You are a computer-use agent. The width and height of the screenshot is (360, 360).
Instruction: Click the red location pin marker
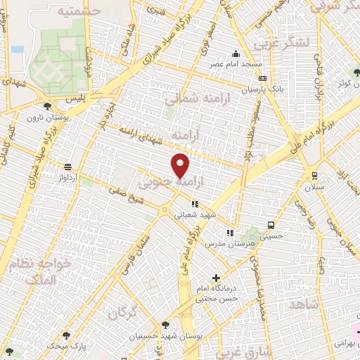pyautogui.click(x=181, y=165)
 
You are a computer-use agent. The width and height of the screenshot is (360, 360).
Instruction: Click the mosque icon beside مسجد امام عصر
pyautogui.click(x=236, y=54)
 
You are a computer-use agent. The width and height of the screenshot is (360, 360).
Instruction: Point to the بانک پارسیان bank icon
pyautogui.click(x=262, y=79)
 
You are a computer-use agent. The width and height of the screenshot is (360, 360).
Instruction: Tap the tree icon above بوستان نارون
pyautogui.click(x=47, y=106)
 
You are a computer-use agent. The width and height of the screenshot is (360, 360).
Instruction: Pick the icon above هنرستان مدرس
pyautogui.click(x=229, y=233)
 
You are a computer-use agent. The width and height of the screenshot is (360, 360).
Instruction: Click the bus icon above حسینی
pyautogui.click(x=271, y=226)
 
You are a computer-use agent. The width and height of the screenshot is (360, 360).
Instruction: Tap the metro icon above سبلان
pyautogui.click(x=314, y=176)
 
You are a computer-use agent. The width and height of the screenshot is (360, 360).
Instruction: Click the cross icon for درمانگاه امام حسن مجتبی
pyautogui.click(x=216, y=278)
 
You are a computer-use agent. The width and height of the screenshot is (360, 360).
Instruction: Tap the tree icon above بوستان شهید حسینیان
pyautogui.click(x=165, y=325)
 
